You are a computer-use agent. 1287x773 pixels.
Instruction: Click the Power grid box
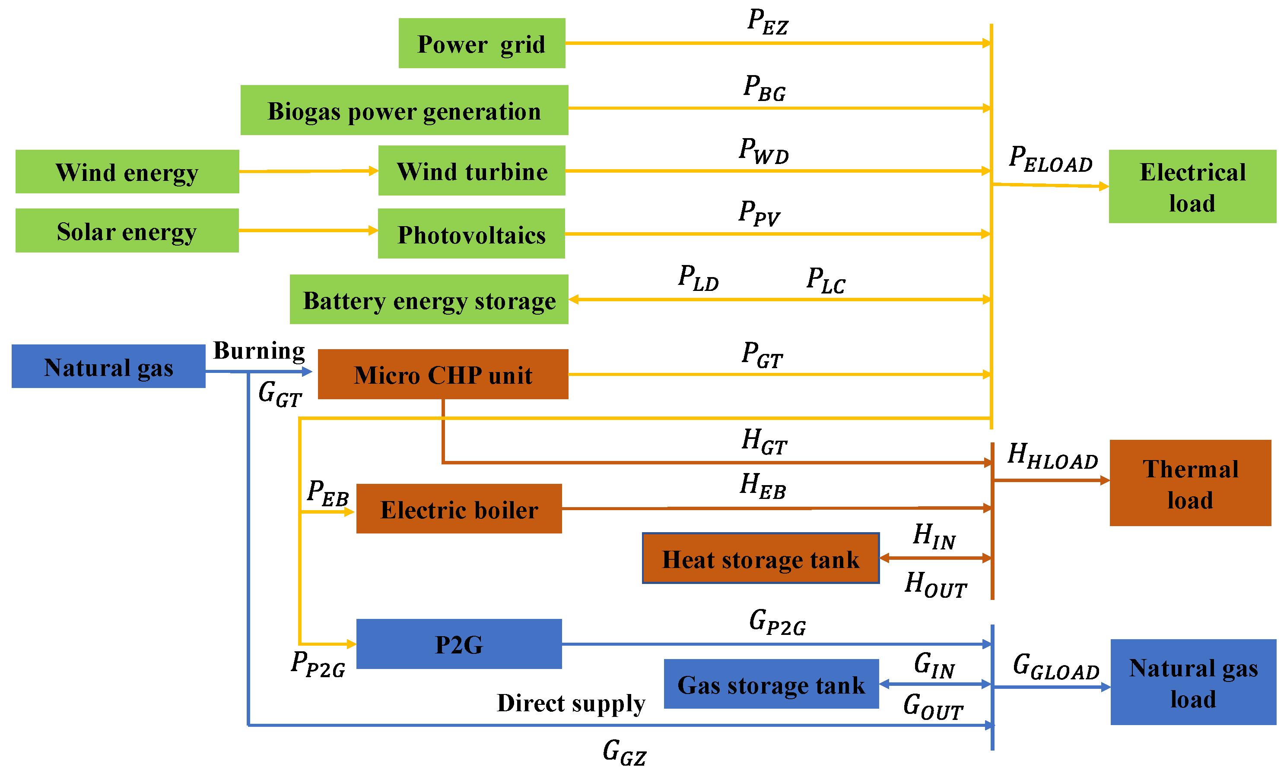coord(481,43)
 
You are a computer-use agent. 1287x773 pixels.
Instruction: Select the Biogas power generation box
coord(404,110)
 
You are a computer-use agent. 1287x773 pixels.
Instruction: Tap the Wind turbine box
coord(471,170)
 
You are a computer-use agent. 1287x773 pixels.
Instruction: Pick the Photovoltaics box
coord(471,233)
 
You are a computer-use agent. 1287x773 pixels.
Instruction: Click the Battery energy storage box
coord(429,300)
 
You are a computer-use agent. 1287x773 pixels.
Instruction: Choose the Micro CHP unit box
coord(442,374)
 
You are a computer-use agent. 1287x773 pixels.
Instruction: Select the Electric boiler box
coord(459,508)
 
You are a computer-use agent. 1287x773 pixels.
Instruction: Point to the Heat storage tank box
coord(760,558)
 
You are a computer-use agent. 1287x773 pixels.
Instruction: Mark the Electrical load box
coord(1192,186)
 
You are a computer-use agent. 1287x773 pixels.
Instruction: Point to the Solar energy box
coord(127,231)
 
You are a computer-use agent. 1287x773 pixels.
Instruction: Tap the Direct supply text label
coord(570,703)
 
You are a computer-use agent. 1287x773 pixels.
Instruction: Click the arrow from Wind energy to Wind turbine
coord(308,171)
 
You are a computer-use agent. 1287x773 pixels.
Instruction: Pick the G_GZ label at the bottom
coord(624,752)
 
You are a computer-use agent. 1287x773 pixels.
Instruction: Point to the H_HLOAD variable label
coord(1052,456)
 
